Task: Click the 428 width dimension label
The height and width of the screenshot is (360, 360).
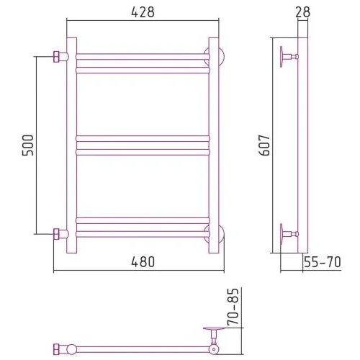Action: point(143,12)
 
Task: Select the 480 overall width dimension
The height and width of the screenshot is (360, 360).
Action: point(143,261)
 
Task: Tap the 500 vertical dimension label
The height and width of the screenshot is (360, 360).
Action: point(28,145)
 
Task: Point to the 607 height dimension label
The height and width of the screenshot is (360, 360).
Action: point(264,145)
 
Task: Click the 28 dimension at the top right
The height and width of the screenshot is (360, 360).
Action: point(302,12)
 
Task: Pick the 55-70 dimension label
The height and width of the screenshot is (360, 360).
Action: point(323,261)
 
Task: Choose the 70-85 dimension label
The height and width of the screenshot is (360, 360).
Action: point(233,307)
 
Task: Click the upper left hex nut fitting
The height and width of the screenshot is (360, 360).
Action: point(56,57)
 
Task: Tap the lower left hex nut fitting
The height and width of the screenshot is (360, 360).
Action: point(56,234)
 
